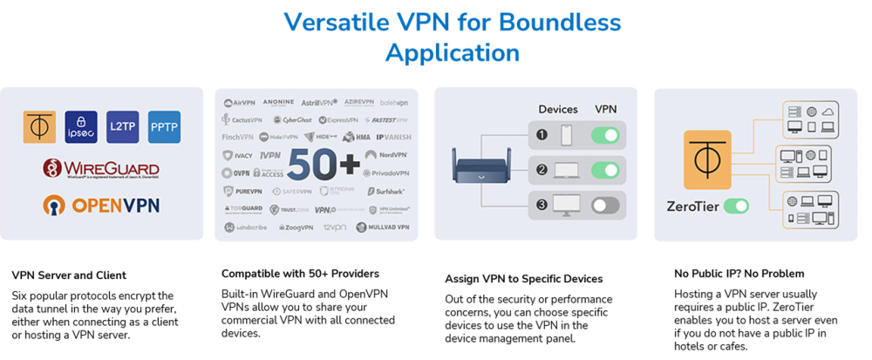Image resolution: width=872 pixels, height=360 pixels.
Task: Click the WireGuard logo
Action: (101, 167)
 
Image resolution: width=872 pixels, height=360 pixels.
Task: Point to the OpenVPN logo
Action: (101, 206)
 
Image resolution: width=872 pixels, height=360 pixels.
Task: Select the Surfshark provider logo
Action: (385, 191)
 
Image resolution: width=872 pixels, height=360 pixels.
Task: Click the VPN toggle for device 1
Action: (604, 135)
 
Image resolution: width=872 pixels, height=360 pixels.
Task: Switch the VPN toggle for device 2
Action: (604, 170)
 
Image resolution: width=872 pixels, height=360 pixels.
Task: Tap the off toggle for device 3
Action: (604, 206)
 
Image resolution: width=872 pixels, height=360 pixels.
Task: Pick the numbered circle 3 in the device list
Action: (542, 206)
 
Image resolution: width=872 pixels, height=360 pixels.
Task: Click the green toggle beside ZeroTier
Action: (736, 207)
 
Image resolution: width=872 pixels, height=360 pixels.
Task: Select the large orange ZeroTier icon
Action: (707, 160)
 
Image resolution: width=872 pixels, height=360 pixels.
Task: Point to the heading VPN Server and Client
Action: (69, 275)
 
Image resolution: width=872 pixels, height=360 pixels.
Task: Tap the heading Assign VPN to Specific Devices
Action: (523, 279)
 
